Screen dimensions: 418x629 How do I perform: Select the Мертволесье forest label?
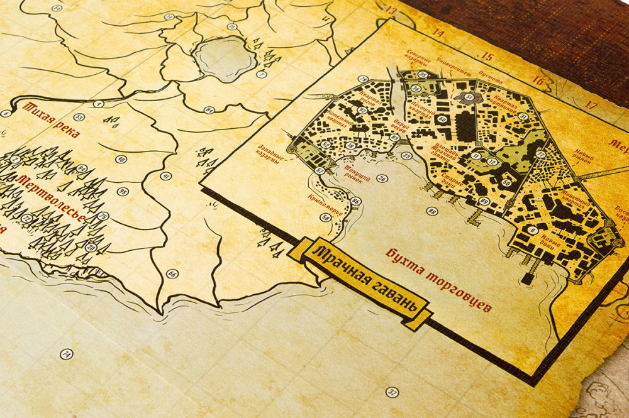pos(50,197)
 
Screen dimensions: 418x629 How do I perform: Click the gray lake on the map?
pos(224,58)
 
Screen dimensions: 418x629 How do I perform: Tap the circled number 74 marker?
pos(66,354)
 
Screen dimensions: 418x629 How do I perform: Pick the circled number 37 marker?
pos(391,392)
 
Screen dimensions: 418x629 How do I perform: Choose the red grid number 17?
pos(591,104)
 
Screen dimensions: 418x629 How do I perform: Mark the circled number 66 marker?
pos(171,273)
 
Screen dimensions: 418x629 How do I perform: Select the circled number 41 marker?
pos(165,177)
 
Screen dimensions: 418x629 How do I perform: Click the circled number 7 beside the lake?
pos(262,74)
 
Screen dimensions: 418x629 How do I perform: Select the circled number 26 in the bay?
pos(381,178)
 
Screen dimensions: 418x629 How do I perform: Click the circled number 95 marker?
pos(123,192)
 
